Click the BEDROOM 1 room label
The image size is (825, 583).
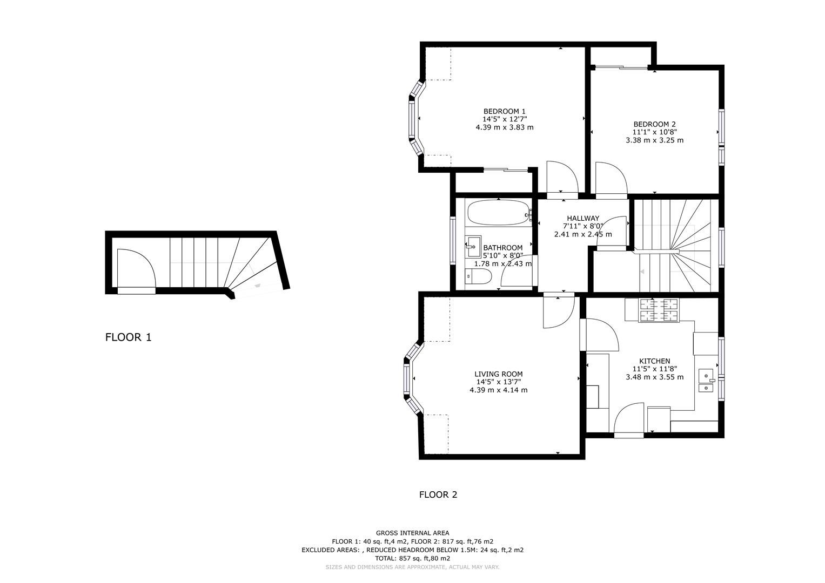coord(504,111)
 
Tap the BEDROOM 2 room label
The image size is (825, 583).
coord(654,124)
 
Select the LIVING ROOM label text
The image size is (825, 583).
coord(498,374)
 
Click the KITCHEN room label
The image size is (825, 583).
coord(654,361)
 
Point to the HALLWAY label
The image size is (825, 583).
coord(582,218)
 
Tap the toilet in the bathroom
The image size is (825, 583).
coord(478,277)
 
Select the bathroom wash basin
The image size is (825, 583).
coord(474,247)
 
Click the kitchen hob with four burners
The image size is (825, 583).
coord(659,310)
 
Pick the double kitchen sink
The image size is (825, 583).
coord(706,381)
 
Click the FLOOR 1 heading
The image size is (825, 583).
coord(128,337)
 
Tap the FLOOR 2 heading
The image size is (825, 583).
coord(438,494)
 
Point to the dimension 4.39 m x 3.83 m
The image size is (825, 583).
coord(504,127)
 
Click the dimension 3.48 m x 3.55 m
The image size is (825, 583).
coord(654,377)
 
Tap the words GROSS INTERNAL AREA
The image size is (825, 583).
coord(412,533)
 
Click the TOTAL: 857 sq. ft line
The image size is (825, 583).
coord(412,558)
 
